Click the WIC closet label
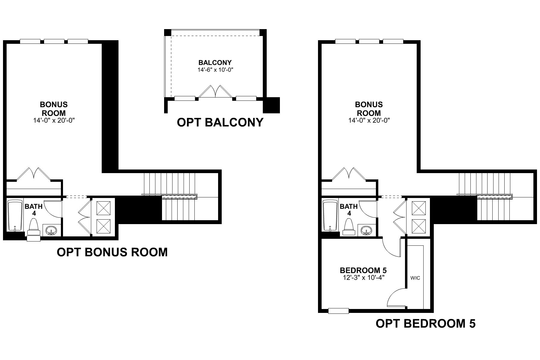415,278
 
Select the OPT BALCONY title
220,122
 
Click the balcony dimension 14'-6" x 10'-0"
215,70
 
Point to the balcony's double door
215,92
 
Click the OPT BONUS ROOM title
112,252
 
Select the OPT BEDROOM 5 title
425,324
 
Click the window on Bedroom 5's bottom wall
338,311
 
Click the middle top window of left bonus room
54,41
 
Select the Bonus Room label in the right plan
369,109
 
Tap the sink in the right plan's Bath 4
367,231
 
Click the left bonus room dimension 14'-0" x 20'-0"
54,121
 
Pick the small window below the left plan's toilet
33,238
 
